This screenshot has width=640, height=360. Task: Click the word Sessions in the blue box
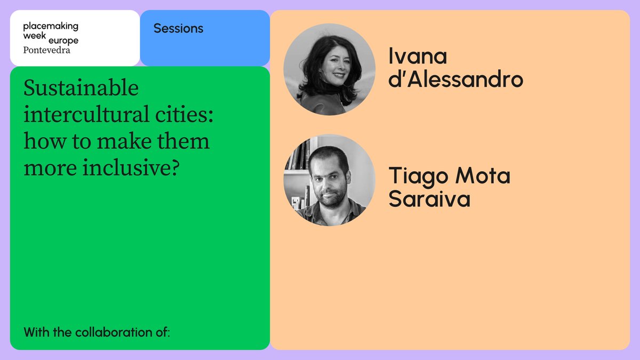[178, 28]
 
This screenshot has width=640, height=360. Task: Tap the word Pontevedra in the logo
[47, 50]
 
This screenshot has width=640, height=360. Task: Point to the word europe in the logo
[63, 41]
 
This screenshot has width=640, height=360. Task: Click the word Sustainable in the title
[81, 89]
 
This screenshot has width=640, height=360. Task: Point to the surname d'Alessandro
[455, 79]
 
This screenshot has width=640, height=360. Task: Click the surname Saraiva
[429, 199]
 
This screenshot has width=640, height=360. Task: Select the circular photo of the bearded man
[329, 180]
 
